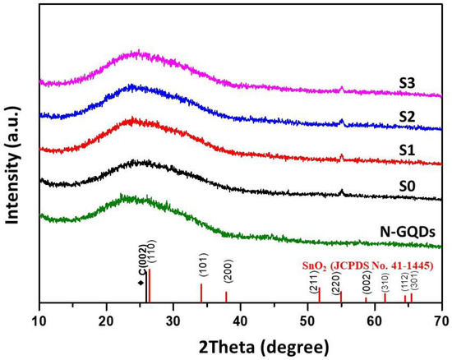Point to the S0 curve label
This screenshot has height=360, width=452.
point(405,188)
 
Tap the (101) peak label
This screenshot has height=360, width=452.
point(201,268)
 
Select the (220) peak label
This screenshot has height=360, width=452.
point(336,284)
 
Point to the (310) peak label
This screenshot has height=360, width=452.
point(385,280)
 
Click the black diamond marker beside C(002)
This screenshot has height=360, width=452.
point(140,284)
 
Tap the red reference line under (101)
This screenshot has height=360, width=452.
point(201,293)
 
